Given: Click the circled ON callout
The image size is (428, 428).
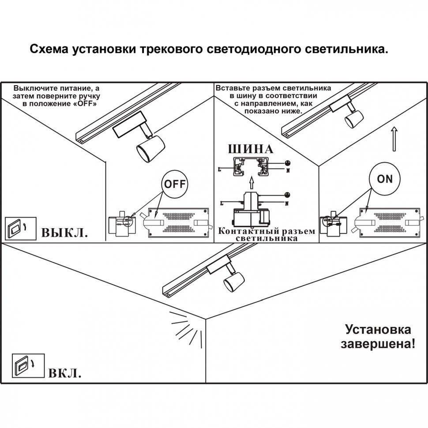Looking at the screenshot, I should coord(385,179).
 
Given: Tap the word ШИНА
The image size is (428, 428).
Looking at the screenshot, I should coord(250,149).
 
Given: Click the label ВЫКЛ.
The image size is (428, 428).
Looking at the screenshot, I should coord(64,233).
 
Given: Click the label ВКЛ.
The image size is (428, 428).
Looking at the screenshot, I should coord(64,374).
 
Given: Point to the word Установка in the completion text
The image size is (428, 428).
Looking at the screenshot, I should coord(378,330).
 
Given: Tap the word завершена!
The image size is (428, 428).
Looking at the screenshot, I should coord(378,344).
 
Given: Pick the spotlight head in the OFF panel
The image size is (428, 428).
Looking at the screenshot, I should coord(149,148).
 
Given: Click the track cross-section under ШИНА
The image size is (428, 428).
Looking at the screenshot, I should coord(251,166).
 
